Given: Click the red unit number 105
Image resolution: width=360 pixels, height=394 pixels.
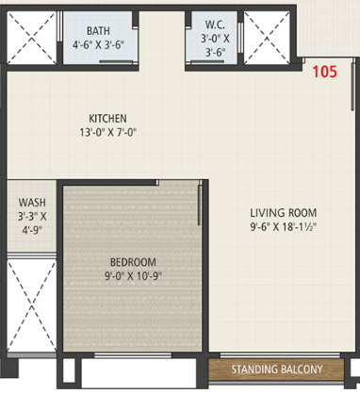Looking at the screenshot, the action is click(x=324, y=72).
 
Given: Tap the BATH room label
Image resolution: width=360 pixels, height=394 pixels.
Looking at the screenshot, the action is click(x=98, y=31).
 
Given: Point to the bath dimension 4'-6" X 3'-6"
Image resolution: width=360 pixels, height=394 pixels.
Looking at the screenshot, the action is click(x=98, y=44).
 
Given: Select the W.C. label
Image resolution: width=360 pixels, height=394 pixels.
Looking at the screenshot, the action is click(x=215, y=25).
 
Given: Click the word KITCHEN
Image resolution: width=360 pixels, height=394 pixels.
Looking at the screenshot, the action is click(x=107, y=119).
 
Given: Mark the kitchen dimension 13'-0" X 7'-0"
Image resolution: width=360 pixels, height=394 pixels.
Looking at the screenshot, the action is click(x=107, y=132).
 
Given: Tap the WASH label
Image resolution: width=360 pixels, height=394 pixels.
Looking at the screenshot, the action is click(x=32, y=203).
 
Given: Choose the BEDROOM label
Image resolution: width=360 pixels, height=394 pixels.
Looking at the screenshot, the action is click(x=133, y=262).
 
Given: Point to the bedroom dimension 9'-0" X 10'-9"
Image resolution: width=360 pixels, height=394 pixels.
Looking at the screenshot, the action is click(x=133, y=276).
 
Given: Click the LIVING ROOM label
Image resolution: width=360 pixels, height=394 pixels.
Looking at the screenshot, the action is click(x=283, y=213).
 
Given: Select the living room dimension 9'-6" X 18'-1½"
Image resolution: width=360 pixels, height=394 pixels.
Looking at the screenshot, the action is click(x=283, y=227).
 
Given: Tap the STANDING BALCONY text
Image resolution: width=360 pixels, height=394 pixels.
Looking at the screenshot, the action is click(x=277, y=369).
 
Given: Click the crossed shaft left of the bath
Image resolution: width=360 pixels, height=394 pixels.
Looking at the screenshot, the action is click(x=31, y=39).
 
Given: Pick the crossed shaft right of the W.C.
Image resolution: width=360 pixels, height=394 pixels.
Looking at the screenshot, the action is click(x=267, y=39).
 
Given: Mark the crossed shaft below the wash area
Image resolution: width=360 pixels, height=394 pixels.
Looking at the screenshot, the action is click(x=31, y=305).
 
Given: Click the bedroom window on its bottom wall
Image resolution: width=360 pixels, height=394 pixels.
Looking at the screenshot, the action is click(x=133, y=355).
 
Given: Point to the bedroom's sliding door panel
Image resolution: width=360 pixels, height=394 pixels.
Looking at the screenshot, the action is click(x=199, y=205).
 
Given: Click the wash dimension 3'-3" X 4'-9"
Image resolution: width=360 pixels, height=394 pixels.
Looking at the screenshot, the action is click(x=32, y=223).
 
